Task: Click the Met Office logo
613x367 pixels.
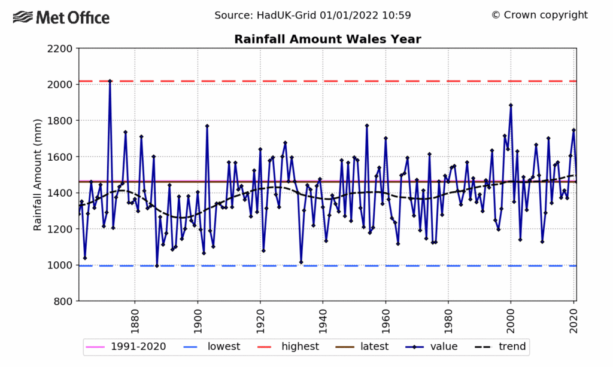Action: [61, 17]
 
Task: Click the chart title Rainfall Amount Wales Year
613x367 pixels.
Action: [327, 39]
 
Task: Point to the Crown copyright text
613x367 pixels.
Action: [539, 16]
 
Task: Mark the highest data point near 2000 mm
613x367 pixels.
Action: [110, 81]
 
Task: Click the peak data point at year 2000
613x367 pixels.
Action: [511, 105]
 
